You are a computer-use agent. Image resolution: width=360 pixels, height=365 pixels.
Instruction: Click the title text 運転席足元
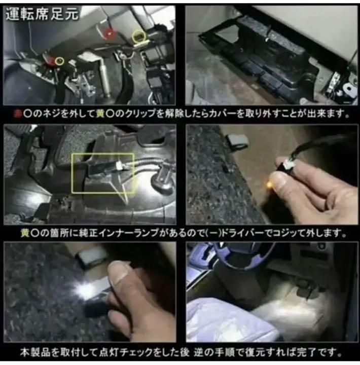pos(43,14)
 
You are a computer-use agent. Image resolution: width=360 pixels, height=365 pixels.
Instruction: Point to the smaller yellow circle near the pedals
pos(60,61)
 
